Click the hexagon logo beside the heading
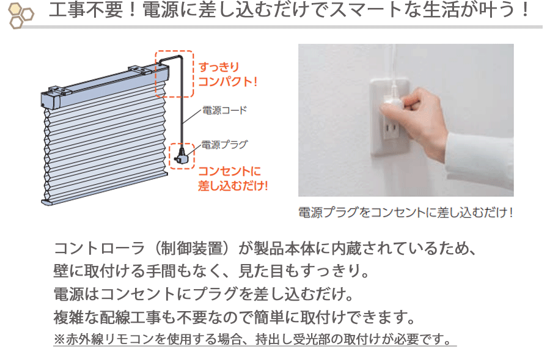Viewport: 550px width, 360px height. pyautogui.click(x=21, y=15)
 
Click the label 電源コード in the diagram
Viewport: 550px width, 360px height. pyautogui.click(x=224, y=110)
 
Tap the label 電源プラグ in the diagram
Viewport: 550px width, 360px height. pyautogui.click(x=224, y=145)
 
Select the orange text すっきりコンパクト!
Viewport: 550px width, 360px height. pyautogui.click(x=228, y=75)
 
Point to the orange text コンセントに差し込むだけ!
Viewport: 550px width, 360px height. pyautogui.click(x=233, y=178)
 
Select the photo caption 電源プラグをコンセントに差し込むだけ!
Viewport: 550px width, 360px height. pyautogui.click(x=406, y=212)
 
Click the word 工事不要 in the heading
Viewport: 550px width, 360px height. pyautogui.click(x=86, y=10)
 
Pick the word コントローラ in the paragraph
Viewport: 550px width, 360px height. pyautogui.click(x=100, y=248)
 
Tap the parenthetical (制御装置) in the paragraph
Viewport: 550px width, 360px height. pyautogui.click(x=191, y=248)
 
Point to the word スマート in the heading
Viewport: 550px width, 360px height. pyautogui.click(x=366, y=10)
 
